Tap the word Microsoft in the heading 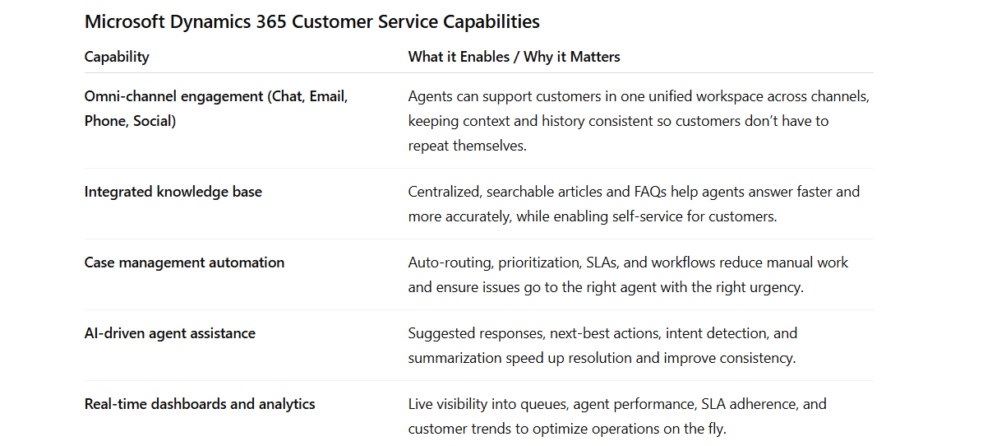124,21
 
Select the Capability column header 117,57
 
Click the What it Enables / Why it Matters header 514,57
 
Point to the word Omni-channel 128,96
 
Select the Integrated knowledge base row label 173,192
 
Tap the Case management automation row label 184,262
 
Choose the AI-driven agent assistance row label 169,333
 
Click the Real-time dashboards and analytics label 200,404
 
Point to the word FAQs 649,192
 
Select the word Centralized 444,192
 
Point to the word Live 422,404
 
